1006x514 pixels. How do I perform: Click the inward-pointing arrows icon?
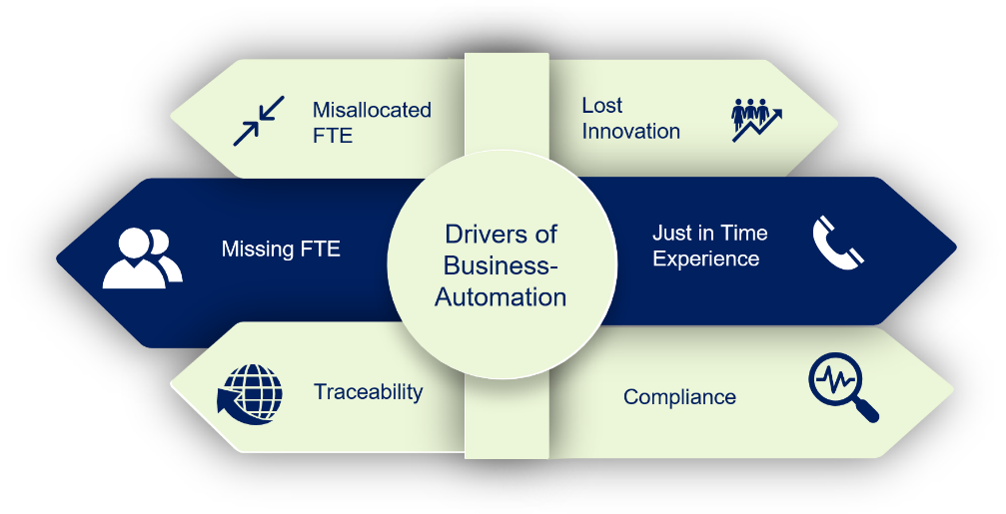tap(259, 121)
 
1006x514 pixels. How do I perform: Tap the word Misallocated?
tap(372, 110)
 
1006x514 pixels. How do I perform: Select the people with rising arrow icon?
tap(757, 120)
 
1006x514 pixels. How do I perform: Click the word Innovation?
tap(630, 132)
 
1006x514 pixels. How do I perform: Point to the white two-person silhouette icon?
tap(143, 257)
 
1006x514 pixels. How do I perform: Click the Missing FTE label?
tap(281, 249)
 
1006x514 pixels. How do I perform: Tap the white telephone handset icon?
tap(838, 243)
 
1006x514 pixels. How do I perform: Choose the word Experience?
tap(705, 258)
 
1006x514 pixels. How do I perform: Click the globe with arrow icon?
tap(250, 394)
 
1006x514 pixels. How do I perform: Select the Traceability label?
tap(369, 391)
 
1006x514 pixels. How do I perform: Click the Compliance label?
tap(679, 396)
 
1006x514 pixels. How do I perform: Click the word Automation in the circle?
tap(501, 297)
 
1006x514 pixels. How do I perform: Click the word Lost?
tap(601, 105)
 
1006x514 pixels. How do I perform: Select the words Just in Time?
tap(709, 233)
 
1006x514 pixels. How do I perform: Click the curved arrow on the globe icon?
tap(241, 409)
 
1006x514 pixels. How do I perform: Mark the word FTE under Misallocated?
tap(333, 136)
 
